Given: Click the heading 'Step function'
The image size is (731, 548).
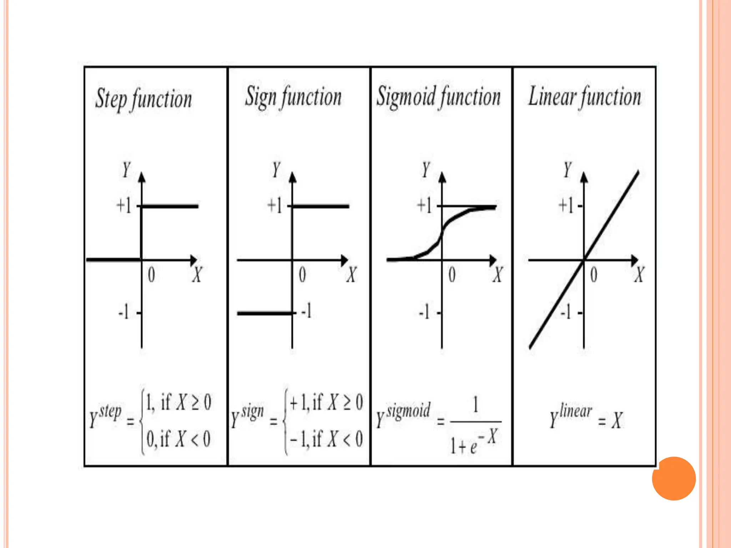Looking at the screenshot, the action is (143, 99).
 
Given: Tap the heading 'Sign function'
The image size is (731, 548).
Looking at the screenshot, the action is (293, 97).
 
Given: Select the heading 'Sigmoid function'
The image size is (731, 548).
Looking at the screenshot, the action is (439, 97).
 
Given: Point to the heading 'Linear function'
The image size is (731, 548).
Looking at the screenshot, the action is (585, 97).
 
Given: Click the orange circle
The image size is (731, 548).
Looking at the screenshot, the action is (674, 478).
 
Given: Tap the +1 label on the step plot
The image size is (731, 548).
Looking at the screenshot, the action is (124, 206).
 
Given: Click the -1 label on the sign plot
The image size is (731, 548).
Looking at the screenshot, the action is (306, 310).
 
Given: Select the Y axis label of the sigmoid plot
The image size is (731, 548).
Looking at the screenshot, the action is (426, 169).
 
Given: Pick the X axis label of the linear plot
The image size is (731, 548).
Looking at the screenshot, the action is (639, 275).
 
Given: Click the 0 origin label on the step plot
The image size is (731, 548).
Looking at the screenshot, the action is (151, 275).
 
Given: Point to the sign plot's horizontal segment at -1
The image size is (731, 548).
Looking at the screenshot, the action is (264, 313).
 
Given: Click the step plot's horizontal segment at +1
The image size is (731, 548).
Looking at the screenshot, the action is (170, 206).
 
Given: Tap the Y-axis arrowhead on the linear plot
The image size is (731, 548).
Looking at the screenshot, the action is (584, 177).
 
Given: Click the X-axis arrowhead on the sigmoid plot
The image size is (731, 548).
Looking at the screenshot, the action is (493, 260).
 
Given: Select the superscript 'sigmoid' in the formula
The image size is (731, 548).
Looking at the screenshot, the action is (409, 410).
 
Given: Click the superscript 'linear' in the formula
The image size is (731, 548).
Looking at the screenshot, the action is (576, 411).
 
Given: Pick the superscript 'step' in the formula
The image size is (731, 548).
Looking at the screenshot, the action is (110, 412).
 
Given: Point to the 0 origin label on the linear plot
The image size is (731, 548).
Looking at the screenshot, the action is (594, 275).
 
